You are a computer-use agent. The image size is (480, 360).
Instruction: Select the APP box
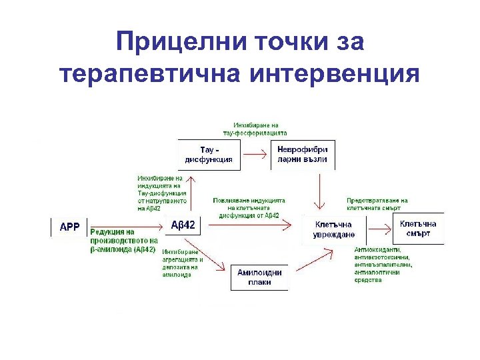coord(69,227)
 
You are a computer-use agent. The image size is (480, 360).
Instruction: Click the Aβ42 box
coord(183,225)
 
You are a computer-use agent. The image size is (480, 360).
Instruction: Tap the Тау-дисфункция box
coord(209,154)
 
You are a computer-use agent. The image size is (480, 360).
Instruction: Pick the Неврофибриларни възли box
coord(302,154)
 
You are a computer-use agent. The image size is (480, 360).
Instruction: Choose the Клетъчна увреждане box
coord(335,229)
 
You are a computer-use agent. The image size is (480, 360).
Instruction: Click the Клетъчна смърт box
coord(418,229)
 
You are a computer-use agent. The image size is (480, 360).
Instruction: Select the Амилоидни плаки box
coord(259,277)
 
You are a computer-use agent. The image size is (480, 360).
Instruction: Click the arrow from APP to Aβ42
coord(127,227)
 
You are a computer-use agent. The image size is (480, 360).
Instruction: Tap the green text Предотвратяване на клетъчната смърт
coord(377,204)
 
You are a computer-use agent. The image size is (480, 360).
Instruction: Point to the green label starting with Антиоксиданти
coord(383,265)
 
